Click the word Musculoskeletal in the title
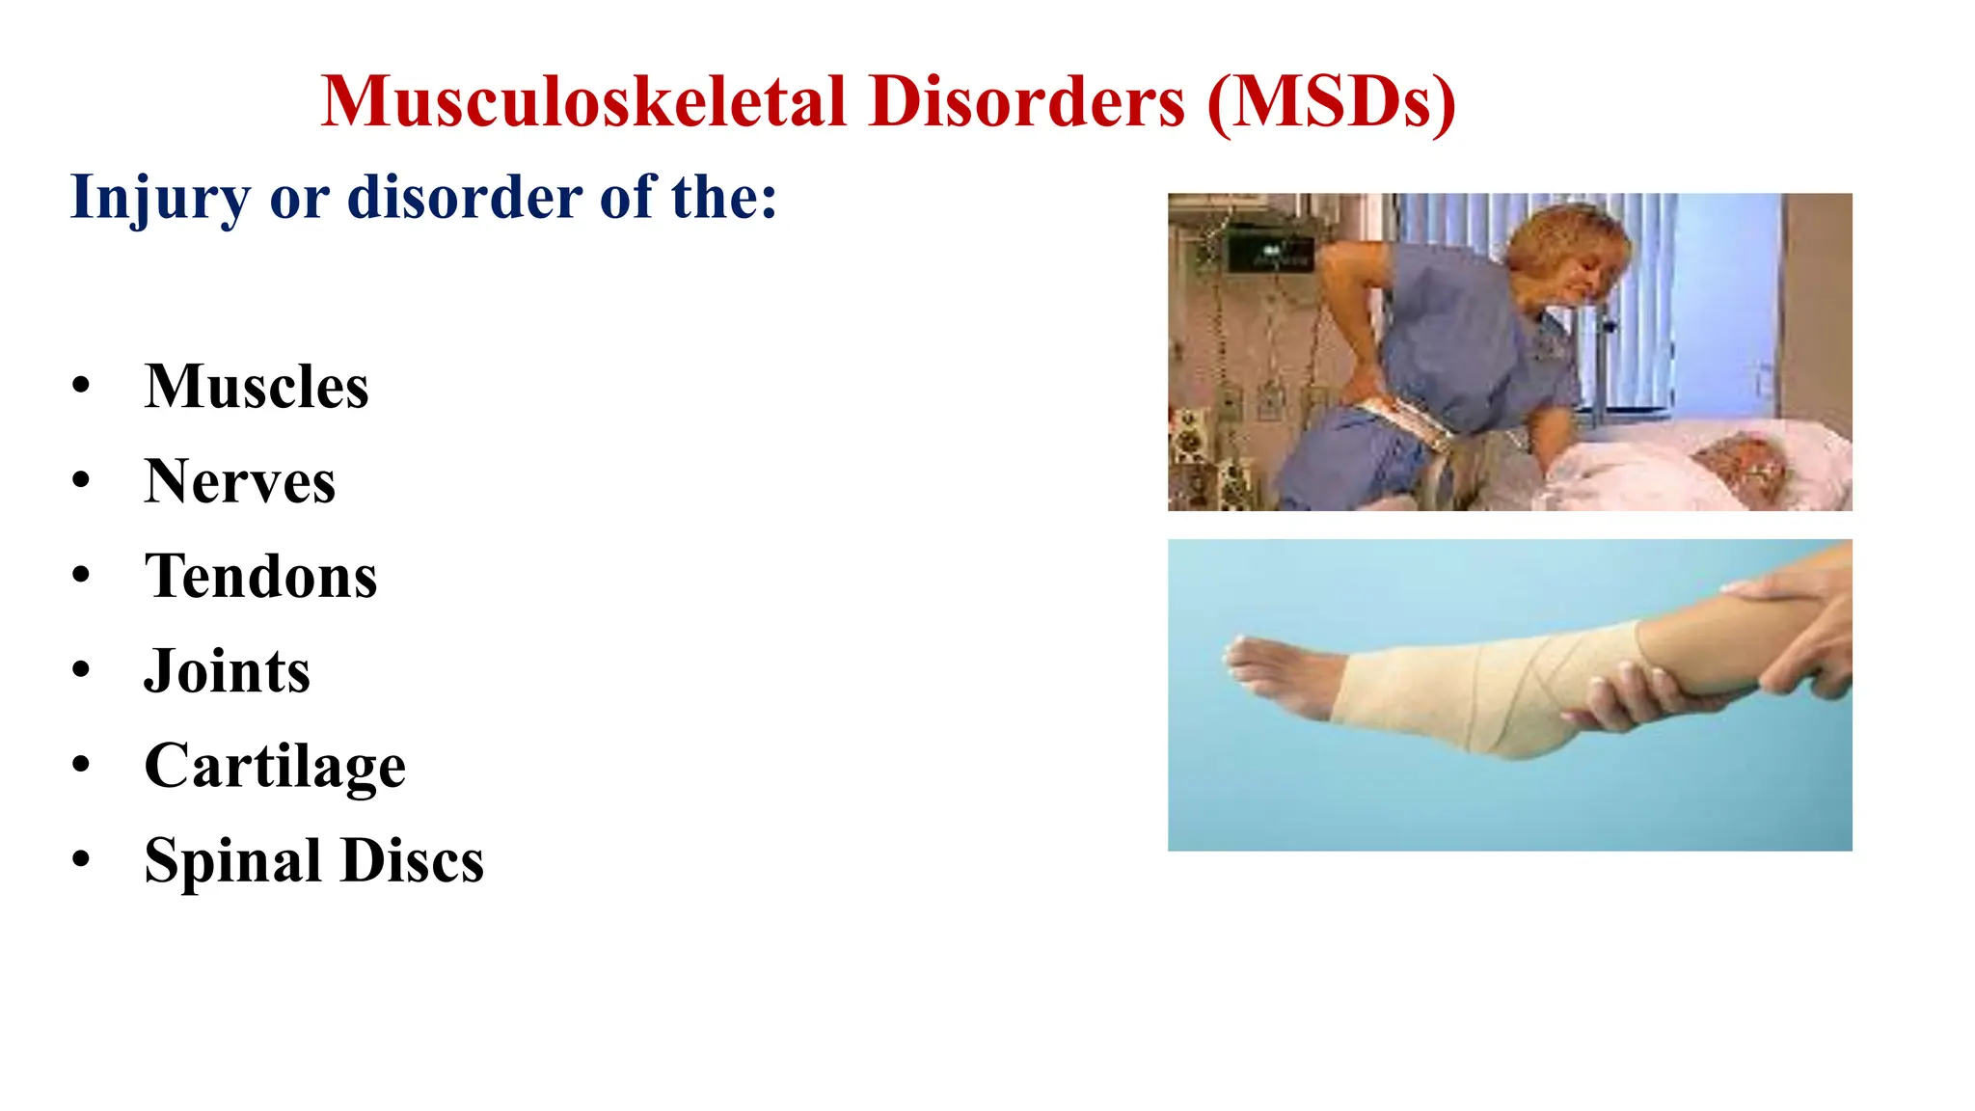[x=583, y=102]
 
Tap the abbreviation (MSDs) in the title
[x=1331, y=102]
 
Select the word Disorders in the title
[x=1026, y=102]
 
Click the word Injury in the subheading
[x=160, y=199]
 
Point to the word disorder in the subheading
[x=464, y=197]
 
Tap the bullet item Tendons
[x=260, y=577]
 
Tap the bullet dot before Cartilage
[x=81, y=765]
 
